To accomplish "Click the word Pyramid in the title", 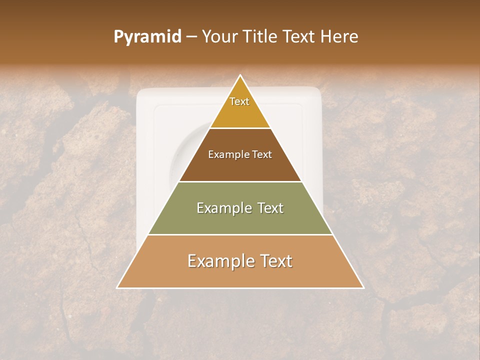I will [x=147, y=37].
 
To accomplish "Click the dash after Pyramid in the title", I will [x=191, y=37].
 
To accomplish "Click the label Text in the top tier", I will [x=239, y=101].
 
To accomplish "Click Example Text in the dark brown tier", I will [x=240, y=154].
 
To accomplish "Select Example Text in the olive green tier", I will [x=240, y=208].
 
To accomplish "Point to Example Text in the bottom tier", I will [x=240, y=261].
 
